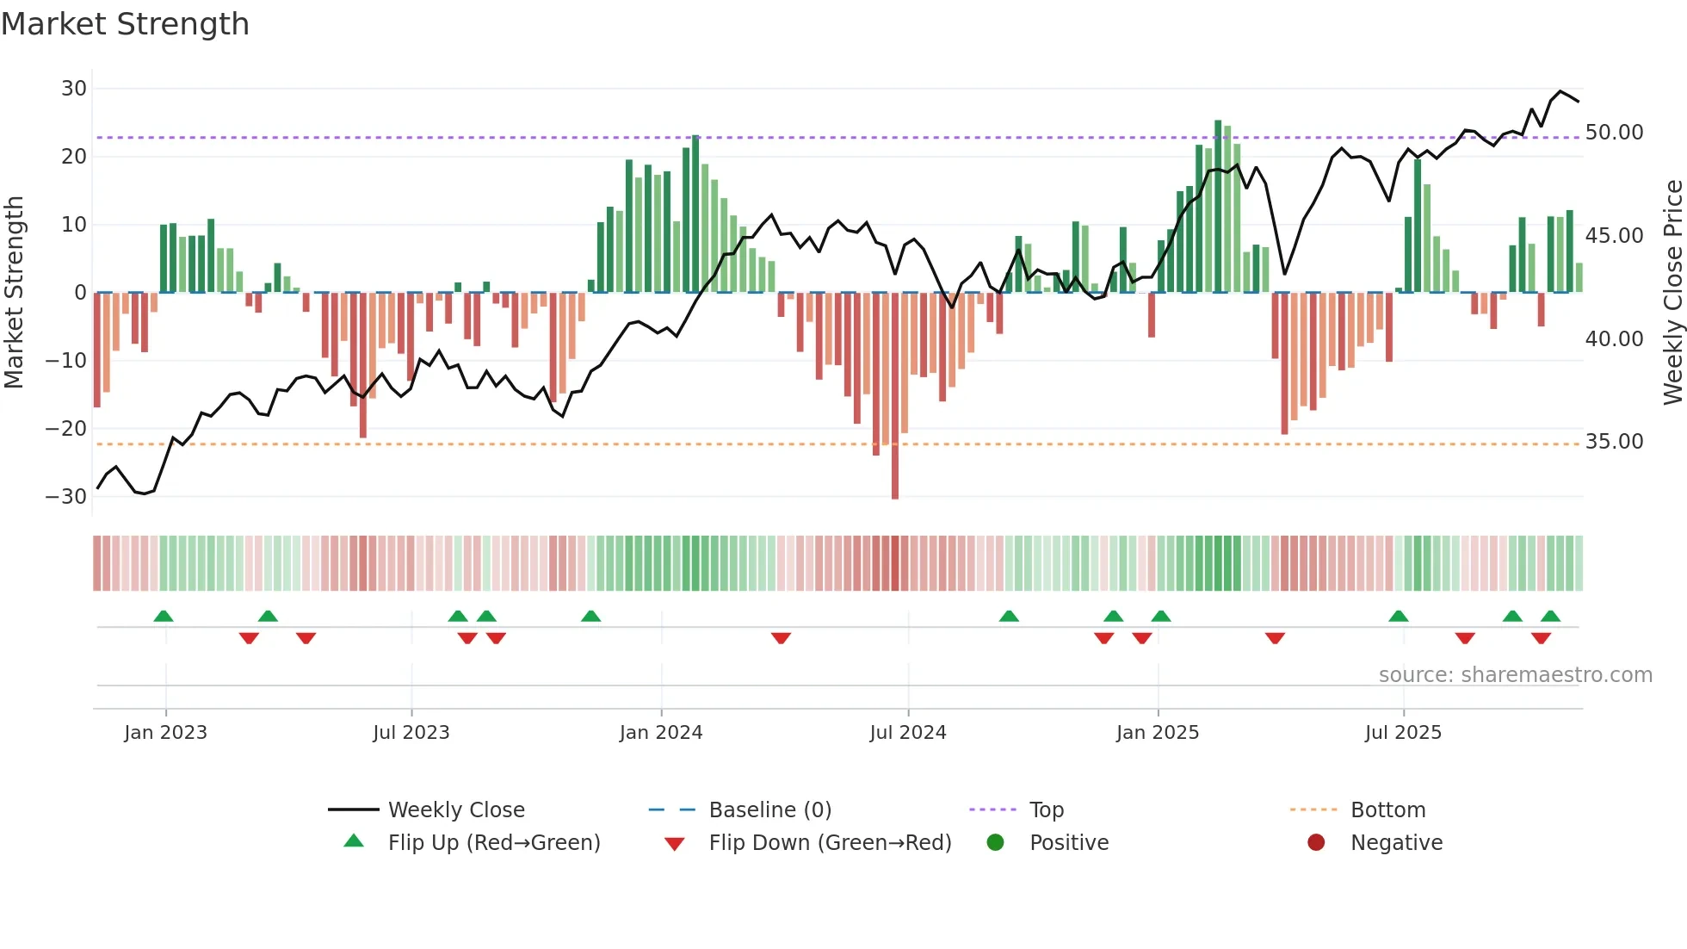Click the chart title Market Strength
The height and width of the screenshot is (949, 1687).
pyautogui.click(x=125, y=24)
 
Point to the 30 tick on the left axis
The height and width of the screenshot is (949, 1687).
pyautogui.click(x=74, y=89)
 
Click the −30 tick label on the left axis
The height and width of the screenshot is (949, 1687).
pyautogui.click(x=66, y=497)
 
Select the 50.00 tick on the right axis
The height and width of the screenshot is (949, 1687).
pyautogui.click(x=1614, y=133)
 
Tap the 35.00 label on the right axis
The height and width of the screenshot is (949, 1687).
pyautogui.click(x=1614, y=442)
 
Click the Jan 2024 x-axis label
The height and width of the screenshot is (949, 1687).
pyautogui.click(x=660, y=733)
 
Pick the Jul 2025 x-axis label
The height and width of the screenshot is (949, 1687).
pyautogui.click(x=1402, y=733)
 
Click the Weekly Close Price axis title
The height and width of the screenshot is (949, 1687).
pyautogui.click(x=1672, y=293)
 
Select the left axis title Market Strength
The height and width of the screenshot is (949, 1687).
pyautogui.click(x=14, y=293)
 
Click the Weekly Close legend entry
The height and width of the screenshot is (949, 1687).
pyautogui.click(x=455, y=810)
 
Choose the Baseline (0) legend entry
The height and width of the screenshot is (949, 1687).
pyautogui.click(x=769, y=810)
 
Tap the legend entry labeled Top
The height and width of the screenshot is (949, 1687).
pyautogui.click(x=1046, y=810)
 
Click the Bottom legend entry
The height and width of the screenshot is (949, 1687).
pyautogui.click(x=1387, y=810)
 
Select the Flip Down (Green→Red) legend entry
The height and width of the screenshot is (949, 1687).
pyautogui.click(x=830, y=843)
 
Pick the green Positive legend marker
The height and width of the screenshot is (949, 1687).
pyautogui.click(x=996, y=843)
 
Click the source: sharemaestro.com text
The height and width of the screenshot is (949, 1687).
pyautogui.click(x=1515, y=675)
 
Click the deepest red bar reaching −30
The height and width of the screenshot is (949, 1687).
pyautogui.click(x=895, y=396)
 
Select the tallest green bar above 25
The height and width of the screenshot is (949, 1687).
pyautogui.click(x=1218, y=207)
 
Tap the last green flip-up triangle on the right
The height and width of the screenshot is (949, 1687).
pyautogui.click(x=1550, y=617)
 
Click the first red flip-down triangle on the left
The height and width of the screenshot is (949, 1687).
pyautogui.click(x=249, y=638)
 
